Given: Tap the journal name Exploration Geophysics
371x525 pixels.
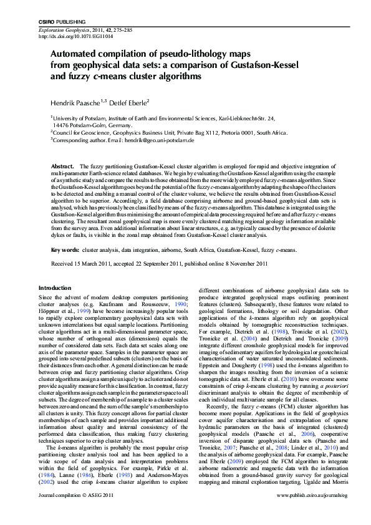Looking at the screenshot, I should [x=62, y=30].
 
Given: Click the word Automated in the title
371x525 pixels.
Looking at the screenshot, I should [x=75, y=55].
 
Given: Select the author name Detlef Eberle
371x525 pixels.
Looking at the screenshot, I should [x=127, y=102].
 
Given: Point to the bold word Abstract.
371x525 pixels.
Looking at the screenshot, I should [x=62, y=167].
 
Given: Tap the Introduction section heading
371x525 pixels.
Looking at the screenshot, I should [x=55, y=287].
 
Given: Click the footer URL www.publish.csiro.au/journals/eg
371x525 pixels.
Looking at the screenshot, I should [x=304, y=512].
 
